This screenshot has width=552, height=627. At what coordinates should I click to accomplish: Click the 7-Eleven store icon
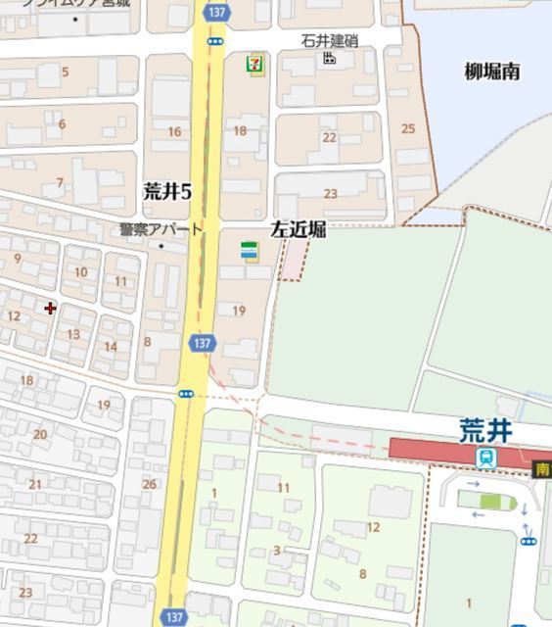[255, 66]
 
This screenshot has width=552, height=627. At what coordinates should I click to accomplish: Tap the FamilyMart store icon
[251, 252]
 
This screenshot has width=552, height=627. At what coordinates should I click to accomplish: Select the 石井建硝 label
[329, 41]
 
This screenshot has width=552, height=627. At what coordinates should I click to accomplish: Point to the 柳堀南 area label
[491, 71]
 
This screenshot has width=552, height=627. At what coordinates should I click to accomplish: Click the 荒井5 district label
[166, 191]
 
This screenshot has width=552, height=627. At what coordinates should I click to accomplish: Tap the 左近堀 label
[299, 229]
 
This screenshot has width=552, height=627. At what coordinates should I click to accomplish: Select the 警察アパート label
[161, 229]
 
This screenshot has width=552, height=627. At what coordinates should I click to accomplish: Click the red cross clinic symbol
[50, 309]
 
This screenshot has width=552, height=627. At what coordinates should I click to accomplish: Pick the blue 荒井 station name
[486, 430]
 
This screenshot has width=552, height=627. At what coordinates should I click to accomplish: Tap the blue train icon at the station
[486, 458]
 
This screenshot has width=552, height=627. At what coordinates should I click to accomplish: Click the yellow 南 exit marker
[542, 469]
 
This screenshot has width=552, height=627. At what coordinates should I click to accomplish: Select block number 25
[408, 128]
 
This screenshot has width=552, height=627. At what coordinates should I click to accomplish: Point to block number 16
[174, 131]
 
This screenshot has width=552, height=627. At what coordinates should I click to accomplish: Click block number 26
[149, 484]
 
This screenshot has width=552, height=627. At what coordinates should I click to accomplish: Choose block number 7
[60, 183]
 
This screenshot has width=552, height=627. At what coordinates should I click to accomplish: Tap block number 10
[80, 272]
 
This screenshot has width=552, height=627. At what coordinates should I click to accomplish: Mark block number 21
[35, 484]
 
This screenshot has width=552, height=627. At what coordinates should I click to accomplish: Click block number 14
[111, 346]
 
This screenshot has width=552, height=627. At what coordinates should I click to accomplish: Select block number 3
[277, 551]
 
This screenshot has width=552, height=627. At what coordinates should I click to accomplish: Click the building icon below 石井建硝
[330, 59]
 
